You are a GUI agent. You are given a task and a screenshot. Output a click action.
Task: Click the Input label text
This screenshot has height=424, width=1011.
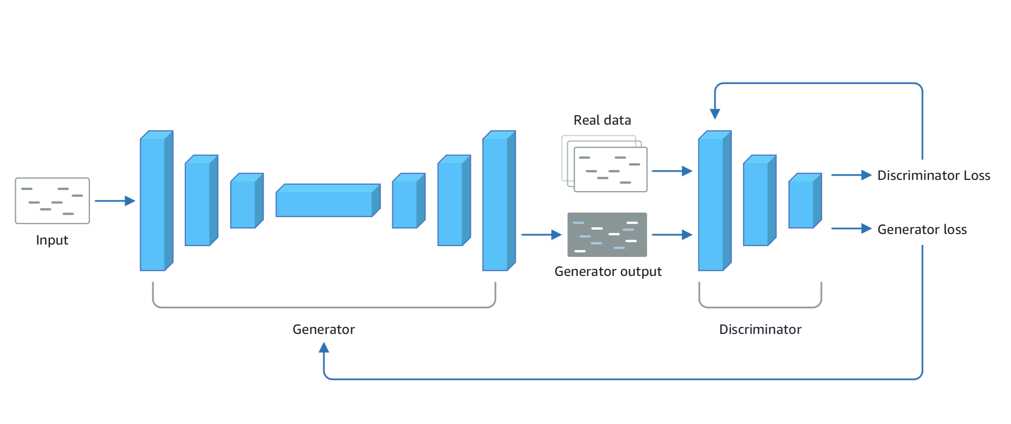(x=52, y=240)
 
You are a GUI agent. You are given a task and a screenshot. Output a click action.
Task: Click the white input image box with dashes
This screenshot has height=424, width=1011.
(x=52, y=201)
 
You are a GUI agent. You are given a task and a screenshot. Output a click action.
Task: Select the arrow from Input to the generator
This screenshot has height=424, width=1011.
(x=114, y=201)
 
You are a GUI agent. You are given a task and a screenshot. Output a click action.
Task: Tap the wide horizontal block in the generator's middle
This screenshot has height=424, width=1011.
(x=326, y=202)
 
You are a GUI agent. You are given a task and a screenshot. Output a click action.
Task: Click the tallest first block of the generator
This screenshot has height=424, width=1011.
(x=154, y=202)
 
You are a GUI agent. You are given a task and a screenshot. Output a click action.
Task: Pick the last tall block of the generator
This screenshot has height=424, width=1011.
(x=496, y=202)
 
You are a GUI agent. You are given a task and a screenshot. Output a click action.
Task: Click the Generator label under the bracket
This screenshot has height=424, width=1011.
(x=323, y=329)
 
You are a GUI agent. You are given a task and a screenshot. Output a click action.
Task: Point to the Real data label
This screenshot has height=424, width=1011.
(x=602, y=120)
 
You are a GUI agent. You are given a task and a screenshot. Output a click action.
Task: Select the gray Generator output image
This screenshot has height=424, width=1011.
(x=607, y=235)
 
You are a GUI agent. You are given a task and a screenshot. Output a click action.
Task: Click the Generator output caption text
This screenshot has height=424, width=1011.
(x=608, y=272)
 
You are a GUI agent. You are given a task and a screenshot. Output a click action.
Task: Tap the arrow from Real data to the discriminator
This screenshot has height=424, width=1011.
(x=671, y=171)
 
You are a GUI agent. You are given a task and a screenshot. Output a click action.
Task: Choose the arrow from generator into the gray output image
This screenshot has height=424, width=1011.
(x=541, y=235)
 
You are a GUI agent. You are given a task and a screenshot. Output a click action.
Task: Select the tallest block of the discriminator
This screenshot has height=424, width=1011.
(x=712, y=202)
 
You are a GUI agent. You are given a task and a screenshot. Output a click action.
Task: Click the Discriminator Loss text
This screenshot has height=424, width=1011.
(x=933, y=175)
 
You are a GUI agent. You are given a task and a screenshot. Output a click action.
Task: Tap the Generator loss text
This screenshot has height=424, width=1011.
(x=921, y=230)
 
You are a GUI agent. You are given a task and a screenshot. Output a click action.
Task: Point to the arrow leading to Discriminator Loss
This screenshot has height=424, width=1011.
(x=850, y=175)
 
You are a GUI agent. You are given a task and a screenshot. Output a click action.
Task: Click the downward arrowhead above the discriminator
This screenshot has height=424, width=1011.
(x=715, y=114)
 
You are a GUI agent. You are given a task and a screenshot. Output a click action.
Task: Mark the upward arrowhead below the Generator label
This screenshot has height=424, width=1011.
(x=324, y=347)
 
